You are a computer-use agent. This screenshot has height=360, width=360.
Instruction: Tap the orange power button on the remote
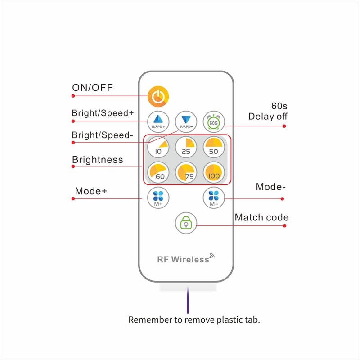[x=158, y=96]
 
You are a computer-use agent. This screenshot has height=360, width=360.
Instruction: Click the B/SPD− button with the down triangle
[x=186, y=122]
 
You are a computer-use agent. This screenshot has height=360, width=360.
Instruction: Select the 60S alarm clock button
[x=214, y=122]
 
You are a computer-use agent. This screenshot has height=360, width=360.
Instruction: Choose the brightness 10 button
[x=158, y=147]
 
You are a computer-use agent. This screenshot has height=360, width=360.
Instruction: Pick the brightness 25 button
[x=186, y=147]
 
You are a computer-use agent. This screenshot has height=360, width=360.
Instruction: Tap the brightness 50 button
[x=214, y=147]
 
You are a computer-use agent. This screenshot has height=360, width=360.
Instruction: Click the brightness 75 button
[x=186, y=172]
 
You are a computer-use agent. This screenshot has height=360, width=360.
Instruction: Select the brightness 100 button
[x=214, y=172]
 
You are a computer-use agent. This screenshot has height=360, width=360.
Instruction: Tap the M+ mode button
[x=158, y=198]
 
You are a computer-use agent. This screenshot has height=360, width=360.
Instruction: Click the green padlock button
[x=186, y=223]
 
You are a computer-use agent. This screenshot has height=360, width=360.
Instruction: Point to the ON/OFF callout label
[x=92, y=87]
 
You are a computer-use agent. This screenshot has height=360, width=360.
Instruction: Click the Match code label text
[x=261, y=217]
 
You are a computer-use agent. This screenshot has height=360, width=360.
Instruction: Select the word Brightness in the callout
[x=98, y=160]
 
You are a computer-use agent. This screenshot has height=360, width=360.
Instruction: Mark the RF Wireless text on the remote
[x=183, y=260]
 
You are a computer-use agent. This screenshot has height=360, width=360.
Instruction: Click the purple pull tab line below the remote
[x=188, y=300]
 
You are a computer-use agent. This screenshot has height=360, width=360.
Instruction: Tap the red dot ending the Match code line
[x=285, y=226]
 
